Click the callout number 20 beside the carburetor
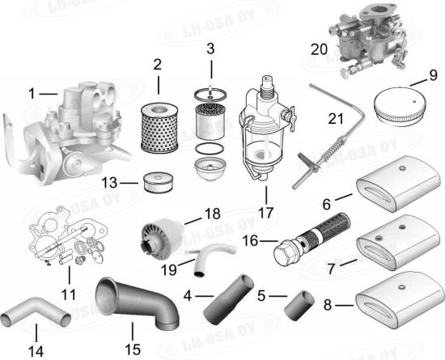[x=319, y=49]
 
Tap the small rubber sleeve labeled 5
[x=299, y=306]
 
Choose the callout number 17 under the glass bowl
[x=266, y=213]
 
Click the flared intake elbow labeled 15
[x=136, y=303]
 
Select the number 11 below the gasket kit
[x=69, y=294]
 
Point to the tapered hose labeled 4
[x=228, y=299]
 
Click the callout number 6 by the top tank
[x=327, y=204]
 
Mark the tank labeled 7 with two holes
[x=398, y=243]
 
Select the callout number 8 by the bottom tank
[x=327, y=305]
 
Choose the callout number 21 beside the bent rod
[x=336, y=118]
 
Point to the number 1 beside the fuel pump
[x=32, y=94]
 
